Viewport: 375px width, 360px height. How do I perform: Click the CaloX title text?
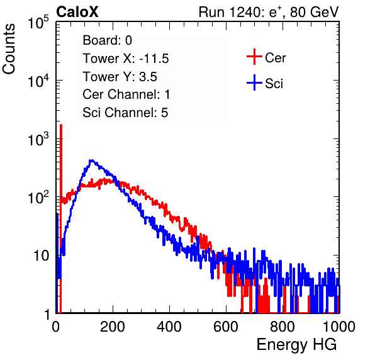tap(77, 12)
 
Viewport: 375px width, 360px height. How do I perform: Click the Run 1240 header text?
tap(269, 12)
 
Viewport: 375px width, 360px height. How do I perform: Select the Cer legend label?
tap(275, 58)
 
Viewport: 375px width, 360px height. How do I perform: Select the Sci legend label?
tap(274, 84)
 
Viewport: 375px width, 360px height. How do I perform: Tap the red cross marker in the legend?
tap(254, 57)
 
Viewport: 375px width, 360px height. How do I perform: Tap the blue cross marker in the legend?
tap(254, 82)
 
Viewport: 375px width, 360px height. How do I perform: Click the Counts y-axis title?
tap(9, 49)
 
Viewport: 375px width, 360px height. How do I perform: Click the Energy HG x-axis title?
tap(296, 344)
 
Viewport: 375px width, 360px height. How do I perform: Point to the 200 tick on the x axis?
tap(113, 327)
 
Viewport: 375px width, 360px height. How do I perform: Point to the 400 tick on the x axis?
tap(169, 327)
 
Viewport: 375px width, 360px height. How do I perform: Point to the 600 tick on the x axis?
tap(226, 327)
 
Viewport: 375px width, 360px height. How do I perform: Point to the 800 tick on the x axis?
tap(283, 327)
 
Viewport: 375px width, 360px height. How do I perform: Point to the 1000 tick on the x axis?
tap(339, 327)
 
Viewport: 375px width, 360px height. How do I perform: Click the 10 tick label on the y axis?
tap(42, 256)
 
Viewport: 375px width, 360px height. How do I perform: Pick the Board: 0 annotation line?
tap(107, 40)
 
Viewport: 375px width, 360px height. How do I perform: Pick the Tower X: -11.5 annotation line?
tap(126, 59)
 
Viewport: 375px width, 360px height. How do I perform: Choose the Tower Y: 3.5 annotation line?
tap(120, 77)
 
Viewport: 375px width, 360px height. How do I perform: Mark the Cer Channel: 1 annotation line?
tap(126, 94)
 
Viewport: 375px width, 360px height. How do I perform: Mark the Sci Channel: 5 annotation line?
tap(125, 113)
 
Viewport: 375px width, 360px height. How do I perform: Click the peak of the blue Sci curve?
tap(91, 160)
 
